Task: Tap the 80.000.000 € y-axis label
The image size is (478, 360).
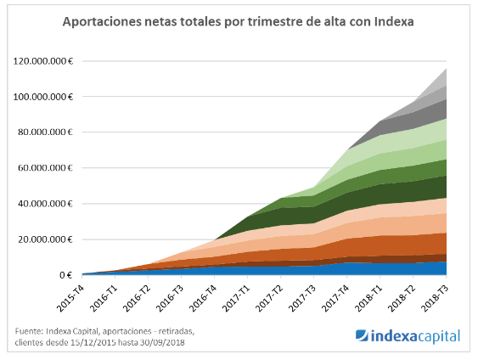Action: (47, 132)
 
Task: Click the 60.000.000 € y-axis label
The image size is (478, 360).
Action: (47, 168)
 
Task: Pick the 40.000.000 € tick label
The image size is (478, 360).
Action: (47, 204)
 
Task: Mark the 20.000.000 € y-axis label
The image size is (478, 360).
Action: (47, 239)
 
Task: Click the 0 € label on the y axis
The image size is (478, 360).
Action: (66, 275)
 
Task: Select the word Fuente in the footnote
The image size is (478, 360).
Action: (30, 331)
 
